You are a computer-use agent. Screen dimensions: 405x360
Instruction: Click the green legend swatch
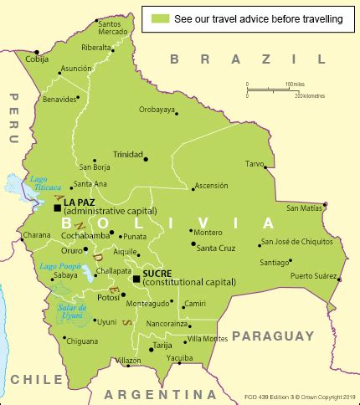[x=160, y=18]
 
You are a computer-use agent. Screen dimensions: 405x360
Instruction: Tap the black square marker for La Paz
[x=57, y=207]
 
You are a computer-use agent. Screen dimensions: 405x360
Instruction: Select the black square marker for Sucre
[x=136, y=278]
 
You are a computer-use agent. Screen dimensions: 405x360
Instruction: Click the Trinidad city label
[x=129, y=154]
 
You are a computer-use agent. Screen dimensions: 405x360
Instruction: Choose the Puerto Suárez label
[x=312, y=275]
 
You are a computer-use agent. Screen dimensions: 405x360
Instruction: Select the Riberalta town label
[x=96, y=48]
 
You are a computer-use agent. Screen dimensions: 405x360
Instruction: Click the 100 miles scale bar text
[x=296, y=85]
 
